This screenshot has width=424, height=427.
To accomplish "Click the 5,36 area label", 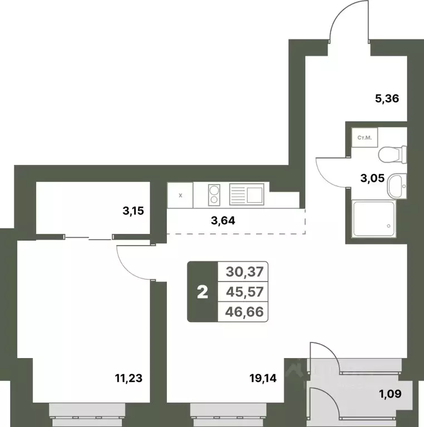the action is click(387, 98).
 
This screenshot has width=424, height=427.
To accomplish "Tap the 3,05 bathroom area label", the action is click(372, 178).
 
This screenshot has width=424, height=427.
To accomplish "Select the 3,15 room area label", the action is click(133, 211).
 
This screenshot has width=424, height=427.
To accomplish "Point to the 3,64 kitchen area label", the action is click(223, 221).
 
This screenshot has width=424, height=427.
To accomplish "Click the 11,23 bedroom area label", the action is click(129, 378).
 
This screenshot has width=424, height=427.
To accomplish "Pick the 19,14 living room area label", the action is click(263, 378).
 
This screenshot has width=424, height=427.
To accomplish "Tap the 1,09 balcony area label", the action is click(391, 394).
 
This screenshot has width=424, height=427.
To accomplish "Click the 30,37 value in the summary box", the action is click(245, 272).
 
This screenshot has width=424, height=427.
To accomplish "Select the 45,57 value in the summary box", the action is click(245, 292).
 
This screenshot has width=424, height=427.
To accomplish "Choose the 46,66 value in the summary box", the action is click(244, 312).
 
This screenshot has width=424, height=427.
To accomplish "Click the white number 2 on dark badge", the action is click(203, 292).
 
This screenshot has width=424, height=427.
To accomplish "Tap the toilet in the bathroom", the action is click(392, 155).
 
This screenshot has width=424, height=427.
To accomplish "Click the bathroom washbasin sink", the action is click(397, 186).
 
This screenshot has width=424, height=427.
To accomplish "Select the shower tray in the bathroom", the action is click(374, 219).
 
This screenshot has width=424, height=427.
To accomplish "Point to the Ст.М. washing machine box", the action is click(364, 138).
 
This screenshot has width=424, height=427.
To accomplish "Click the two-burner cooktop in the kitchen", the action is click(214, 195).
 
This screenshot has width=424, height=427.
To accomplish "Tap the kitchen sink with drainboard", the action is click(246, 194).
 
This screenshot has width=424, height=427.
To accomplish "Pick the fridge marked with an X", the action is click(180, 195).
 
